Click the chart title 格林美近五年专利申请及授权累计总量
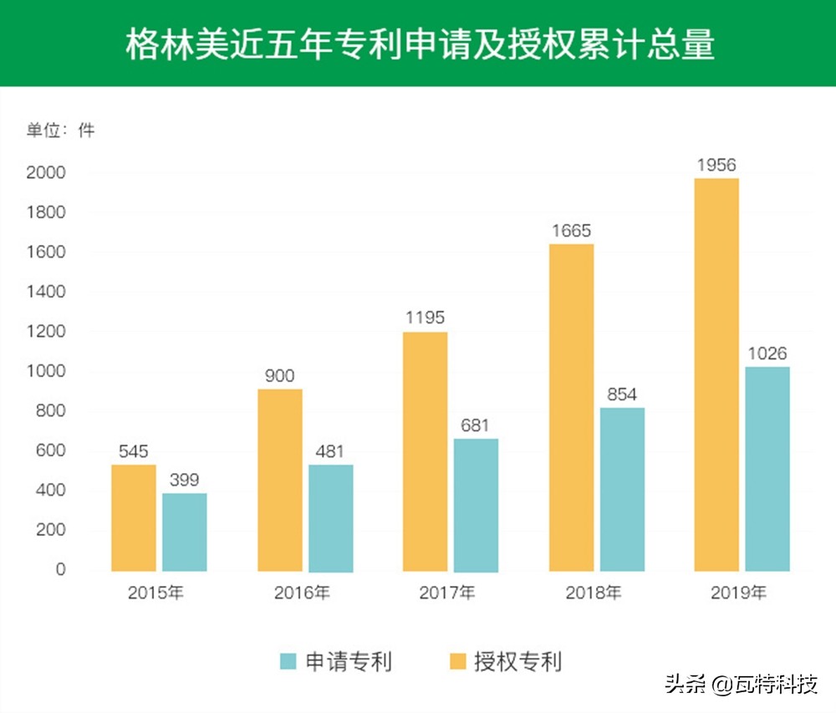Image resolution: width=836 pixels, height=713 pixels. [420, 45]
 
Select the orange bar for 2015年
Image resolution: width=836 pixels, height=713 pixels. [134, 517]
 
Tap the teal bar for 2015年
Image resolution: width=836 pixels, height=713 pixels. [185, 532]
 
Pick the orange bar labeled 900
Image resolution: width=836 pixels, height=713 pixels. [280, 480]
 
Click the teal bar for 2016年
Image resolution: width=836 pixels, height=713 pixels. [330, 517]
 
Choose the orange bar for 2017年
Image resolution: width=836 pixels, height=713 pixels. [425, 451]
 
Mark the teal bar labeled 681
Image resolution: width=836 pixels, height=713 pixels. [476, 505]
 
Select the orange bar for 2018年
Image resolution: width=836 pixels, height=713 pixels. [571, 407]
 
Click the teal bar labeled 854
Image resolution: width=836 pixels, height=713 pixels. [622, 489]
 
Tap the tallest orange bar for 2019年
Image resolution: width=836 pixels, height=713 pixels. [716, 374]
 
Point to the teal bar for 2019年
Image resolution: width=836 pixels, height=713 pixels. [767, 468]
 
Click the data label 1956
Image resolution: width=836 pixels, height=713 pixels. [716, 166]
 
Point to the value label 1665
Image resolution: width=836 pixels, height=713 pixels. [571, 231]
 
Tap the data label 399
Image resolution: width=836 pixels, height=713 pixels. [185, 481]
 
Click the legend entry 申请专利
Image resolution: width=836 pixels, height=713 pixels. [335, 662]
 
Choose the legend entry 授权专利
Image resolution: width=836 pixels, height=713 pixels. [505, 662]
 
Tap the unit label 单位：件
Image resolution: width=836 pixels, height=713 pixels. [61, 130]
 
